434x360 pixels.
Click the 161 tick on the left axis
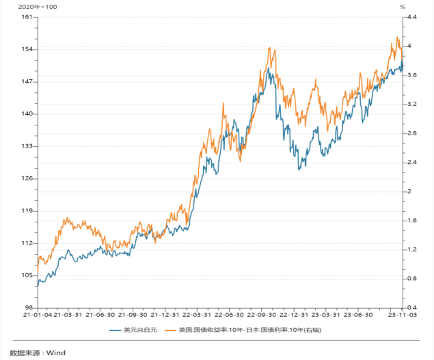coord(27,17)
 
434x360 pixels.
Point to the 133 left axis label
coord(27,146)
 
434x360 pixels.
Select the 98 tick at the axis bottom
coord(29,308)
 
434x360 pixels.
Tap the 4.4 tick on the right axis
coord(412,17)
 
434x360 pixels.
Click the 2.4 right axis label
coord(412,163)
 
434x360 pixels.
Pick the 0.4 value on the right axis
coord(412,308)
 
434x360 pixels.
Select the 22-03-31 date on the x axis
coord(197,316)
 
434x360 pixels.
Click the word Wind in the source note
coord(55,352)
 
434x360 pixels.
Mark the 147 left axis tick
coord(27,82)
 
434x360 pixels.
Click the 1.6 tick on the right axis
coord(412,221)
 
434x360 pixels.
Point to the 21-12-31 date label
coord(165,316)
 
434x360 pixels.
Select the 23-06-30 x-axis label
coord(359,316)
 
